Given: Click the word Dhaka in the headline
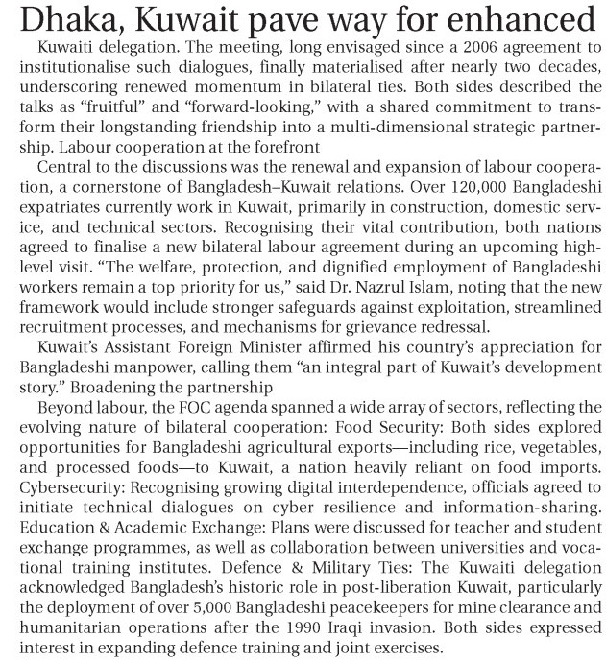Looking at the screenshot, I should click(57, 20).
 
